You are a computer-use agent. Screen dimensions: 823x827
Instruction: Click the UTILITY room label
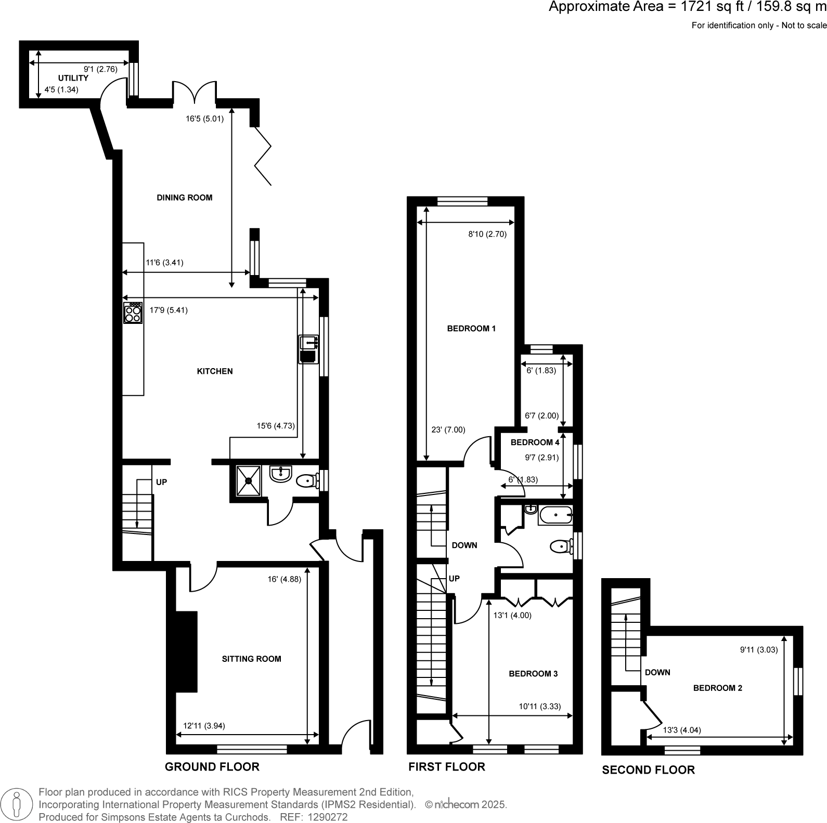pos(73,78)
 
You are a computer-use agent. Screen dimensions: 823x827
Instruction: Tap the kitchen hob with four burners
pos(133,313)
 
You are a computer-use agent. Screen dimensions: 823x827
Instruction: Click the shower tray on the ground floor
pos(249,481)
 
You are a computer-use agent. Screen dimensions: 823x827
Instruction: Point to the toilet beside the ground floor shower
pos(307,481)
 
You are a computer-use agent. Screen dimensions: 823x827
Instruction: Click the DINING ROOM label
pos(185,198)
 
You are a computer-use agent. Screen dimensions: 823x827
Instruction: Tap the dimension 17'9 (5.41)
pos(169,310)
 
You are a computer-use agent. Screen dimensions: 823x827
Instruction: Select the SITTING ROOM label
pos(251,659)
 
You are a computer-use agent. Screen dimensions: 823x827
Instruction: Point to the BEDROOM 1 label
pos(471,329)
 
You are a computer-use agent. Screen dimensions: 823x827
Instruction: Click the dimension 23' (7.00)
pos(448,430)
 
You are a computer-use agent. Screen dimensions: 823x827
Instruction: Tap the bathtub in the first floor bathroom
pos(555,516)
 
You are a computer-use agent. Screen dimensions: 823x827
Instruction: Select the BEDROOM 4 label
pos(535,442)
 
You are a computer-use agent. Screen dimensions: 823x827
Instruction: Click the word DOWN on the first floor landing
pos(464,545)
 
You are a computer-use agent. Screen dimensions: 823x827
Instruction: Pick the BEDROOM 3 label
pos(533,674)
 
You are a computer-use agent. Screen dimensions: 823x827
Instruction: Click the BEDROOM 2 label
pos(717,688)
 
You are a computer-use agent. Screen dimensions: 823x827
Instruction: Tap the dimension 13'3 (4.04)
pos(682,730)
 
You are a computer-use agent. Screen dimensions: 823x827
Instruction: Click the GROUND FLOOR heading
pos(212,766)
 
